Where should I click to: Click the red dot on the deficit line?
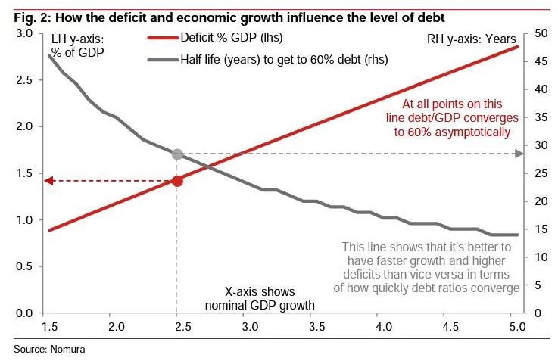(x=177, y=181)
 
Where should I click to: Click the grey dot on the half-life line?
(x=177, y=154)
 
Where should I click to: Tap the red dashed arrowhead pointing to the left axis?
(x=48, y=181)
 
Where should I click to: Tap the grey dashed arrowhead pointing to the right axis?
(x=519, y=154)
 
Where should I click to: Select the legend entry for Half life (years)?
(x=283, y=59)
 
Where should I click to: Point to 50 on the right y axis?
(x=541, y=33)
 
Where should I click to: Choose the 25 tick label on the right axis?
(x=541, y=173)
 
